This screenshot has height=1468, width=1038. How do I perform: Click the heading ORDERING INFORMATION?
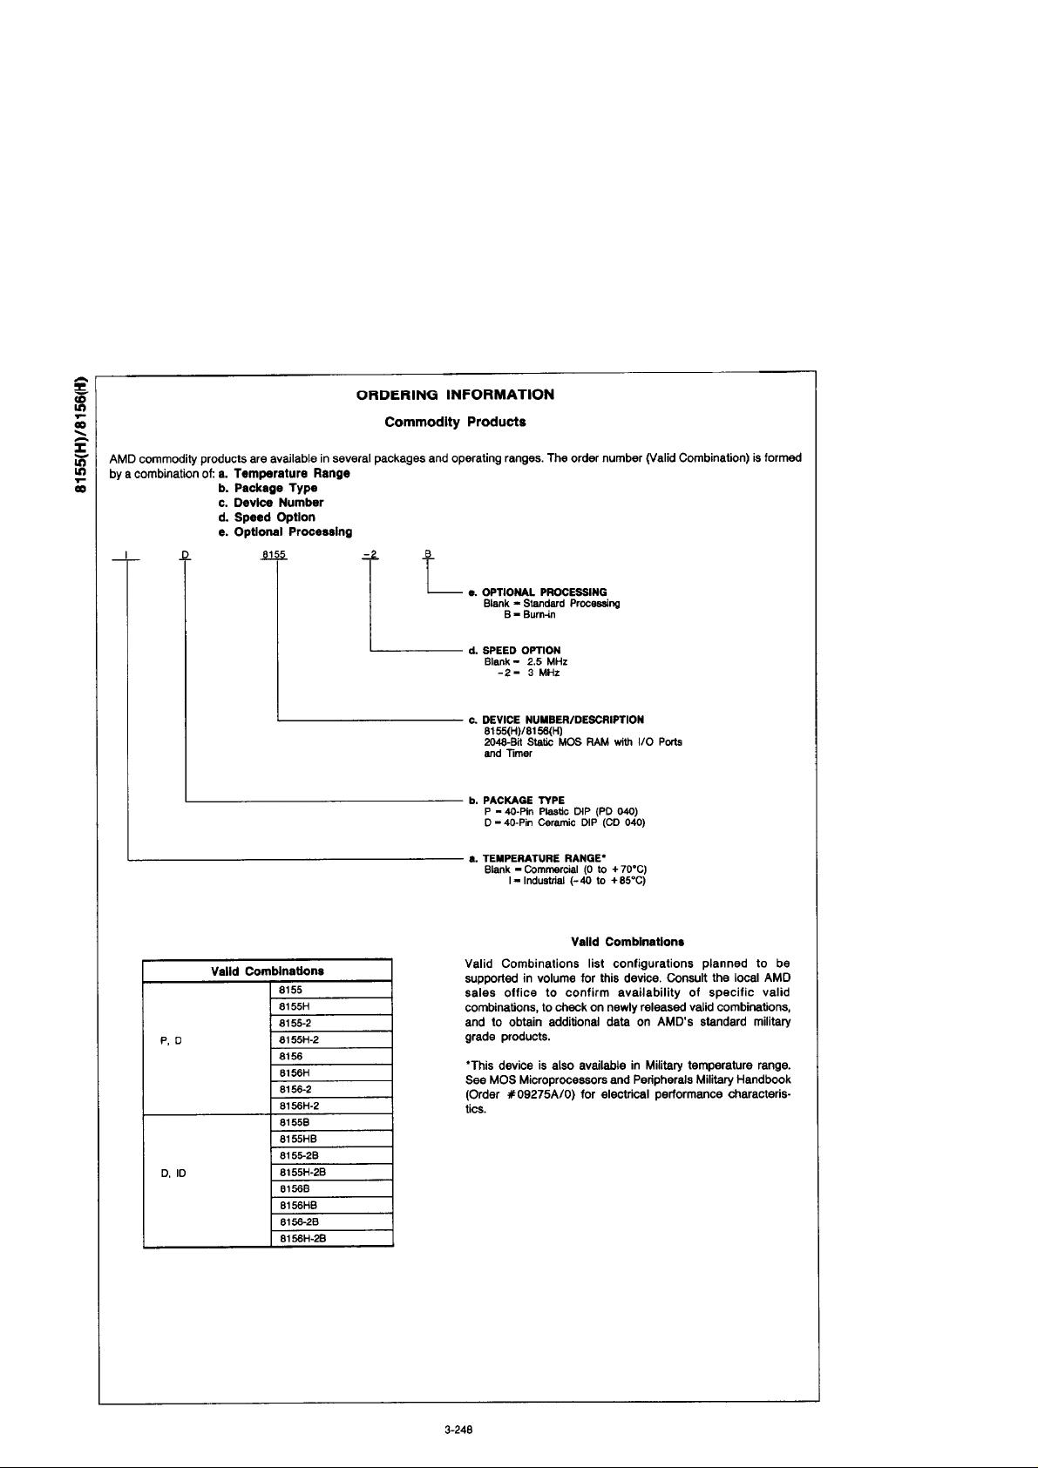coord(455,395)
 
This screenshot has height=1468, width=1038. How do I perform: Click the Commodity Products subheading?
coord(455,423)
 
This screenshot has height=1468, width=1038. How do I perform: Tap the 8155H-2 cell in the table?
coord(331,1040)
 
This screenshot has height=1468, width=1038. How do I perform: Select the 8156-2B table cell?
coord(331,1222)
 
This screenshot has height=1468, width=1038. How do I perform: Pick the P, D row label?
coord(171,1040)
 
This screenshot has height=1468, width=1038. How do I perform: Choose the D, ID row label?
coord(174,1173)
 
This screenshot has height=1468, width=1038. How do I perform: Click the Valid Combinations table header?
coord(268,971)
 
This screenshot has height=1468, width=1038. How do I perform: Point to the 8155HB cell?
coord(331,1140)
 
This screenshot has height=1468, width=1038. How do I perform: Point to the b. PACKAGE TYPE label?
coord(517,800)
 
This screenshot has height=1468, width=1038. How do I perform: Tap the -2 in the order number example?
coord(370,555)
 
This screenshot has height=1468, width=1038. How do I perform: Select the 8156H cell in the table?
coord(331,1073)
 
